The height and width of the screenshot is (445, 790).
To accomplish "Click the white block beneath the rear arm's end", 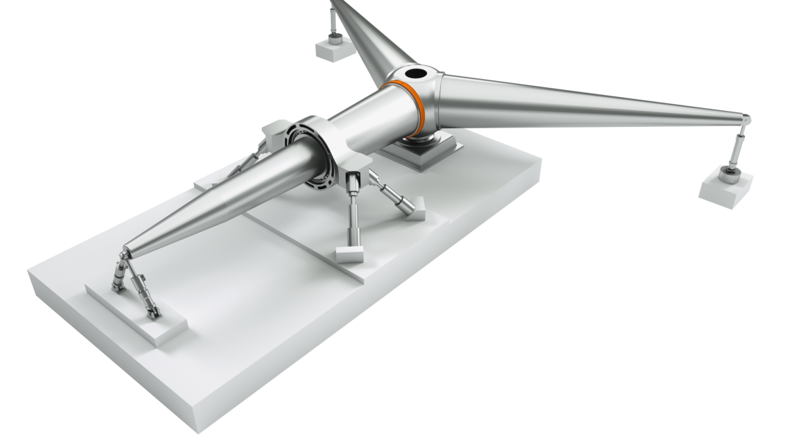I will pos(331,49).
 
